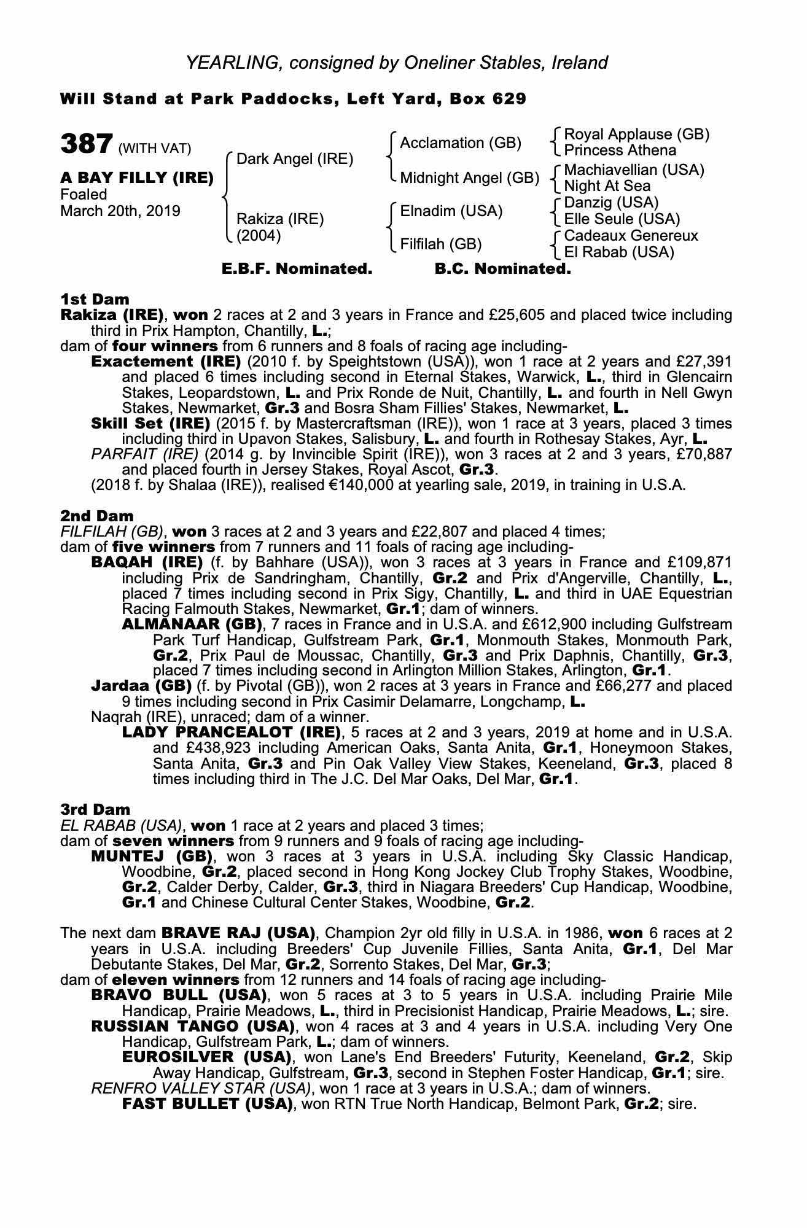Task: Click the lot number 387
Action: point(86,144)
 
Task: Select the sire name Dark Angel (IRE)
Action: point(295,159)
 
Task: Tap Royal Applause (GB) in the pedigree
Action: point(636,134)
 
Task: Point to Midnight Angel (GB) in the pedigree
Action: point(469,178)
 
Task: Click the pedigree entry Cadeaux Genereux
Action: point(631,236)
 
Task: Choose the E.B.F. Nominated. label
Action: point(297,269)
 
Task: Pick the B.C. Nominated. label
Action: point(502,269)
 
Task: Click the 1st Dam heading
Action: point(95,299)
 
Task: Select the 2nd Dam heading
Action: point(96,516)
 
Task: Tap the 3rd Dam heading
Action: point(95,809)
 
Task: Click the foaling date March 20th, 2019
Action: point(120,211)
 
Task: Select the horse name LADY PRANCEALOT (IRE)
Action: point(232,733)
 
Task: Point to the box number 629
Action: point(509,99)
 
